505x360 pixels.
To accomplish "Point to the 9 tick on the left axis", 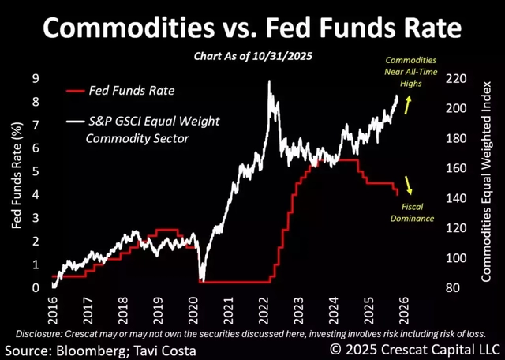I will click(x=36, y=79).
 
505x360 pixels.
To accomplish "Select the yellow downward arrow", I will click(x=409, y=185).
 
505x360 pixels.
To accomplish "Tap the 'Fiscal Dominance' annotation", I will click(x=413, y=211).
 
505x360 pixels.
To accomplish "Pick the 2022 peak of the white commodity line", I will click(x=270, y=81).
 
